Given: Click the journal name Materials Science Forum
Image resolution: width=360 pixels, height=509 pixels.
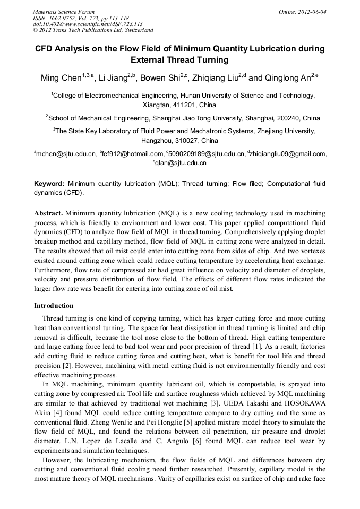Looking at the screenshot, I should [x=64, y=12].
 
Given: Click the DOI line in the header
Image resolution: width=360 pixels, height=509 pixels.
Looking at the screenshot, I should [x=88, y=24].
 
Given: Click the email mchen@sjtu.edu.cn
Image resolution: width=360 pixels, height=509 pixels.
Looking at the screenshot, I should [x=66, y=154].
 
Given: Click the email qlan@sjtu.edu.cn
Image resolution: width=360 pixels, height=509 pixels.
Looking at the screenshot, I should [x=181, y=163].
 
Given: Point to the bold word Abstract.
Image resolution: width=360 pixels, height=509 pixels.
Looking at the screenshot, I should [x=48, y=213].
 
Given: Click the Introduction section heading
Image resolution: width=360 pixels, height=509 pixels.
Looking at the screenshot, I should [x=54, y=306].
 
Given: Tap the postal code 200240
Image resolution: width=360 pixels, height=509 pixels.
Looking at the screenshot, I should [x=291, y=118].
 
